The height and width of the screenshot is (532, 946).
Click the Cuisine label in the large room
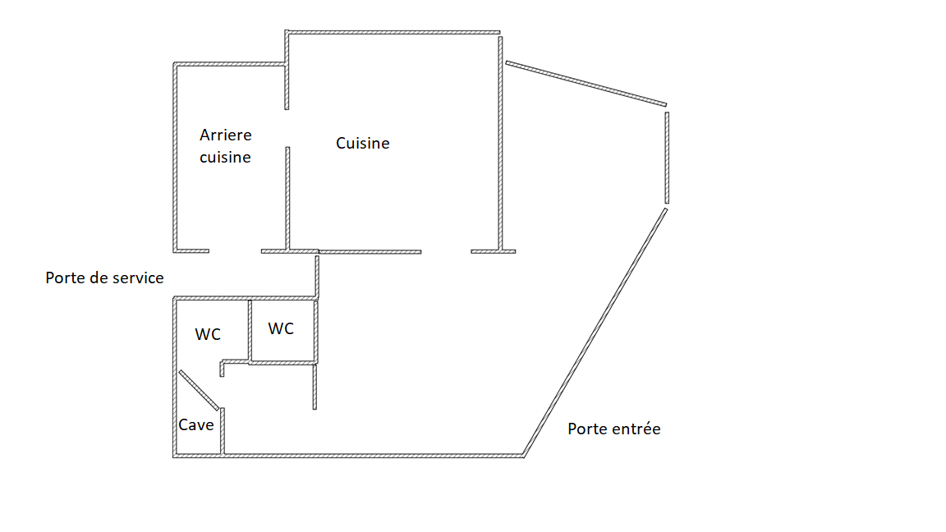363,144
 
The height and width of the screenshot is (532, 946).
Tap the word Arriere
226,135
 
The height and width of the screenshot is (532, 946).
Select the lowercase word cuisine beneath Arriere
225,157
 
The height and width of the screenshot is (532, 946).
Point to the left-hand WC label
208,335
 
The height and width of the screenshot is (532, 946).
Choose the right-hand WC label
281,329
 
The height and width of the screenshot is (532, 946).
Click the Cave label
196,425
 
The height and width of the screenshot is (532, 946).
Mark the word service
132,278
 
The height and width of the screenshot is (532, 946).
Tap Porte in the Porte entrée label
586,429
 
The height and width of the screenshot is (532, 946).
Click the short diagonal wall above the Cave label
199,390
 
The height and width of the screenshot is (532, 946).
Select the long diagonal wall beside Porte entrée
595,332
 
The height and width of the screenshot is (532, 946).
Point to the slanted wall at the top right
586,83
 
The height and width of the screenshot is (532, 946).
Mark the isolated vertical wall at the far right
667,158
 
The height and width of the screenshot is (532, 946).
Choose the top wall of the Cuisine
394,33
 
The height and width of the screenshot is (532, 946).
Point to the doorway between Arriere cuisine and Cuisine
287,128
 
